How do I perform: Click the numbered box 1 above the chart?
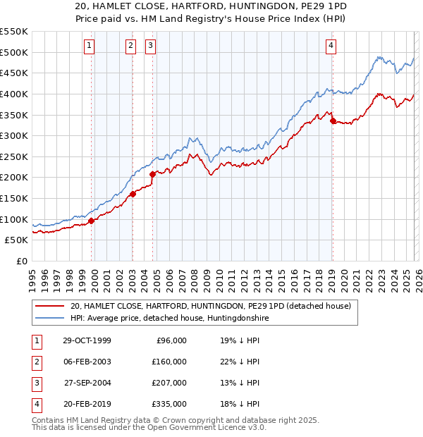(90, 47)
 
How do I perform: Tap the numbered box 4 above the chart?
(331, 47)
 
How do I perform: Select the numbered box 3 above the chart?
(151, 47)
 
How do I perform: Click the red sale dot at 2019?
(333, 121)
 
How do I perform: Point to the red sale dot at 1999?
(92, 221)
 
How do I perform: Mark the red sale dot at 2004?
(153, 173)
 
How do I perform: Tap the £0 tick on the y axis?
(21, 261)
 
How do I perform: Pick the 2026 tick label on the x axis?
(417, 276)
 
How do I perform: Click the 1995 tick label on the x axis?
(32, 276)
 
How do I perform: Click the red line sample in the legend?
(49, 306)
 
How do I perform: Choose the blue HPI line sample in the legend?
(49, 319)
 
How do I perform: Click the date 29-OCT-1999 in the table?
(87, 340)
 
